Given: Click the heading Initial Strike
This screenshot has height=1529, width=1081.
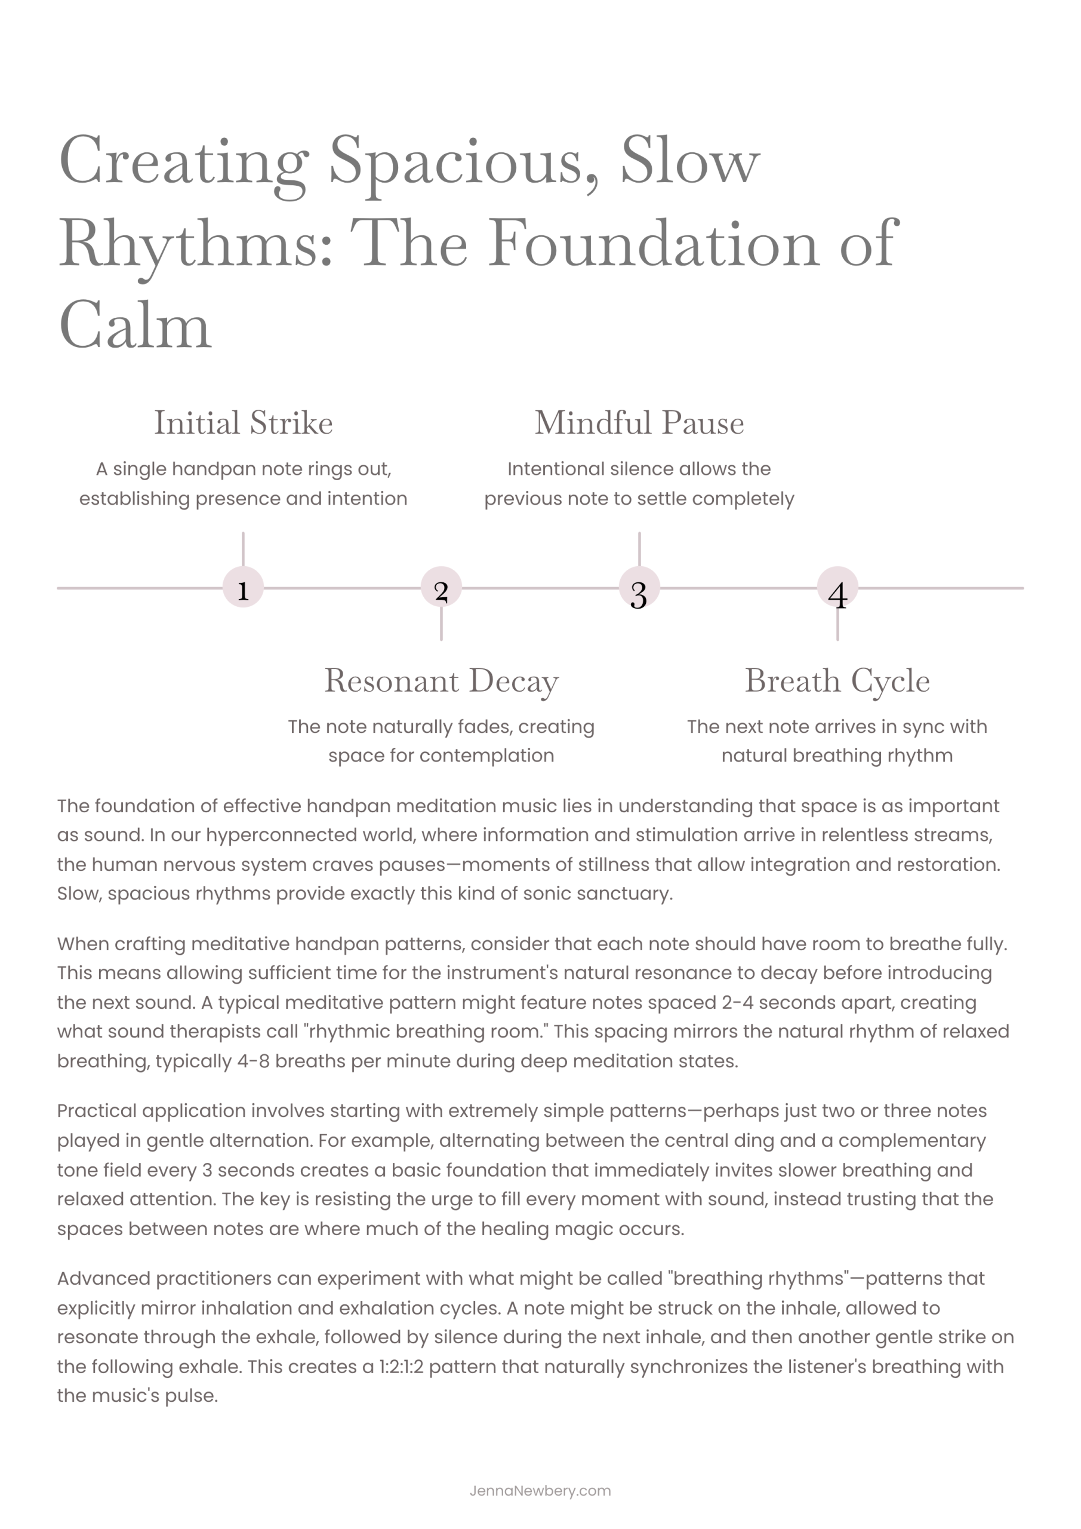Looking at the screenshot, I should point(243,422).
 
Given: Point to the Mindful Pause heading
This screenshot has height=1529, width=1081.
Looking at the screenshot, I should point(639,422).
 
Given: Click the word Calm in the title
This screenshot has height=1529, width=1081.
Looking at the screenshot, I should point(135,326).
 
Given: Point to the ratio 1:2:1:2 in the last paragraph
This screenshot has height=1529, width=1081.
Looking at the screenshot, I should point(401,1367).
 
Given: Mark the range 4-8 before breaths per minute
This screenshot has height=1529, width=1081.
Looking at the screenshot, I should point(253,1061).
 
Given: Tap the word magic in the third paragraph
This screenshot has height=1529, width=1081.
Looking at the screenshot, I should point(592,1229).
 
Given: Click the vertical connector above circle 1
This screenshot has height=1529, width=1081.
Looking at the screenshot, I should point(243,549).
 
